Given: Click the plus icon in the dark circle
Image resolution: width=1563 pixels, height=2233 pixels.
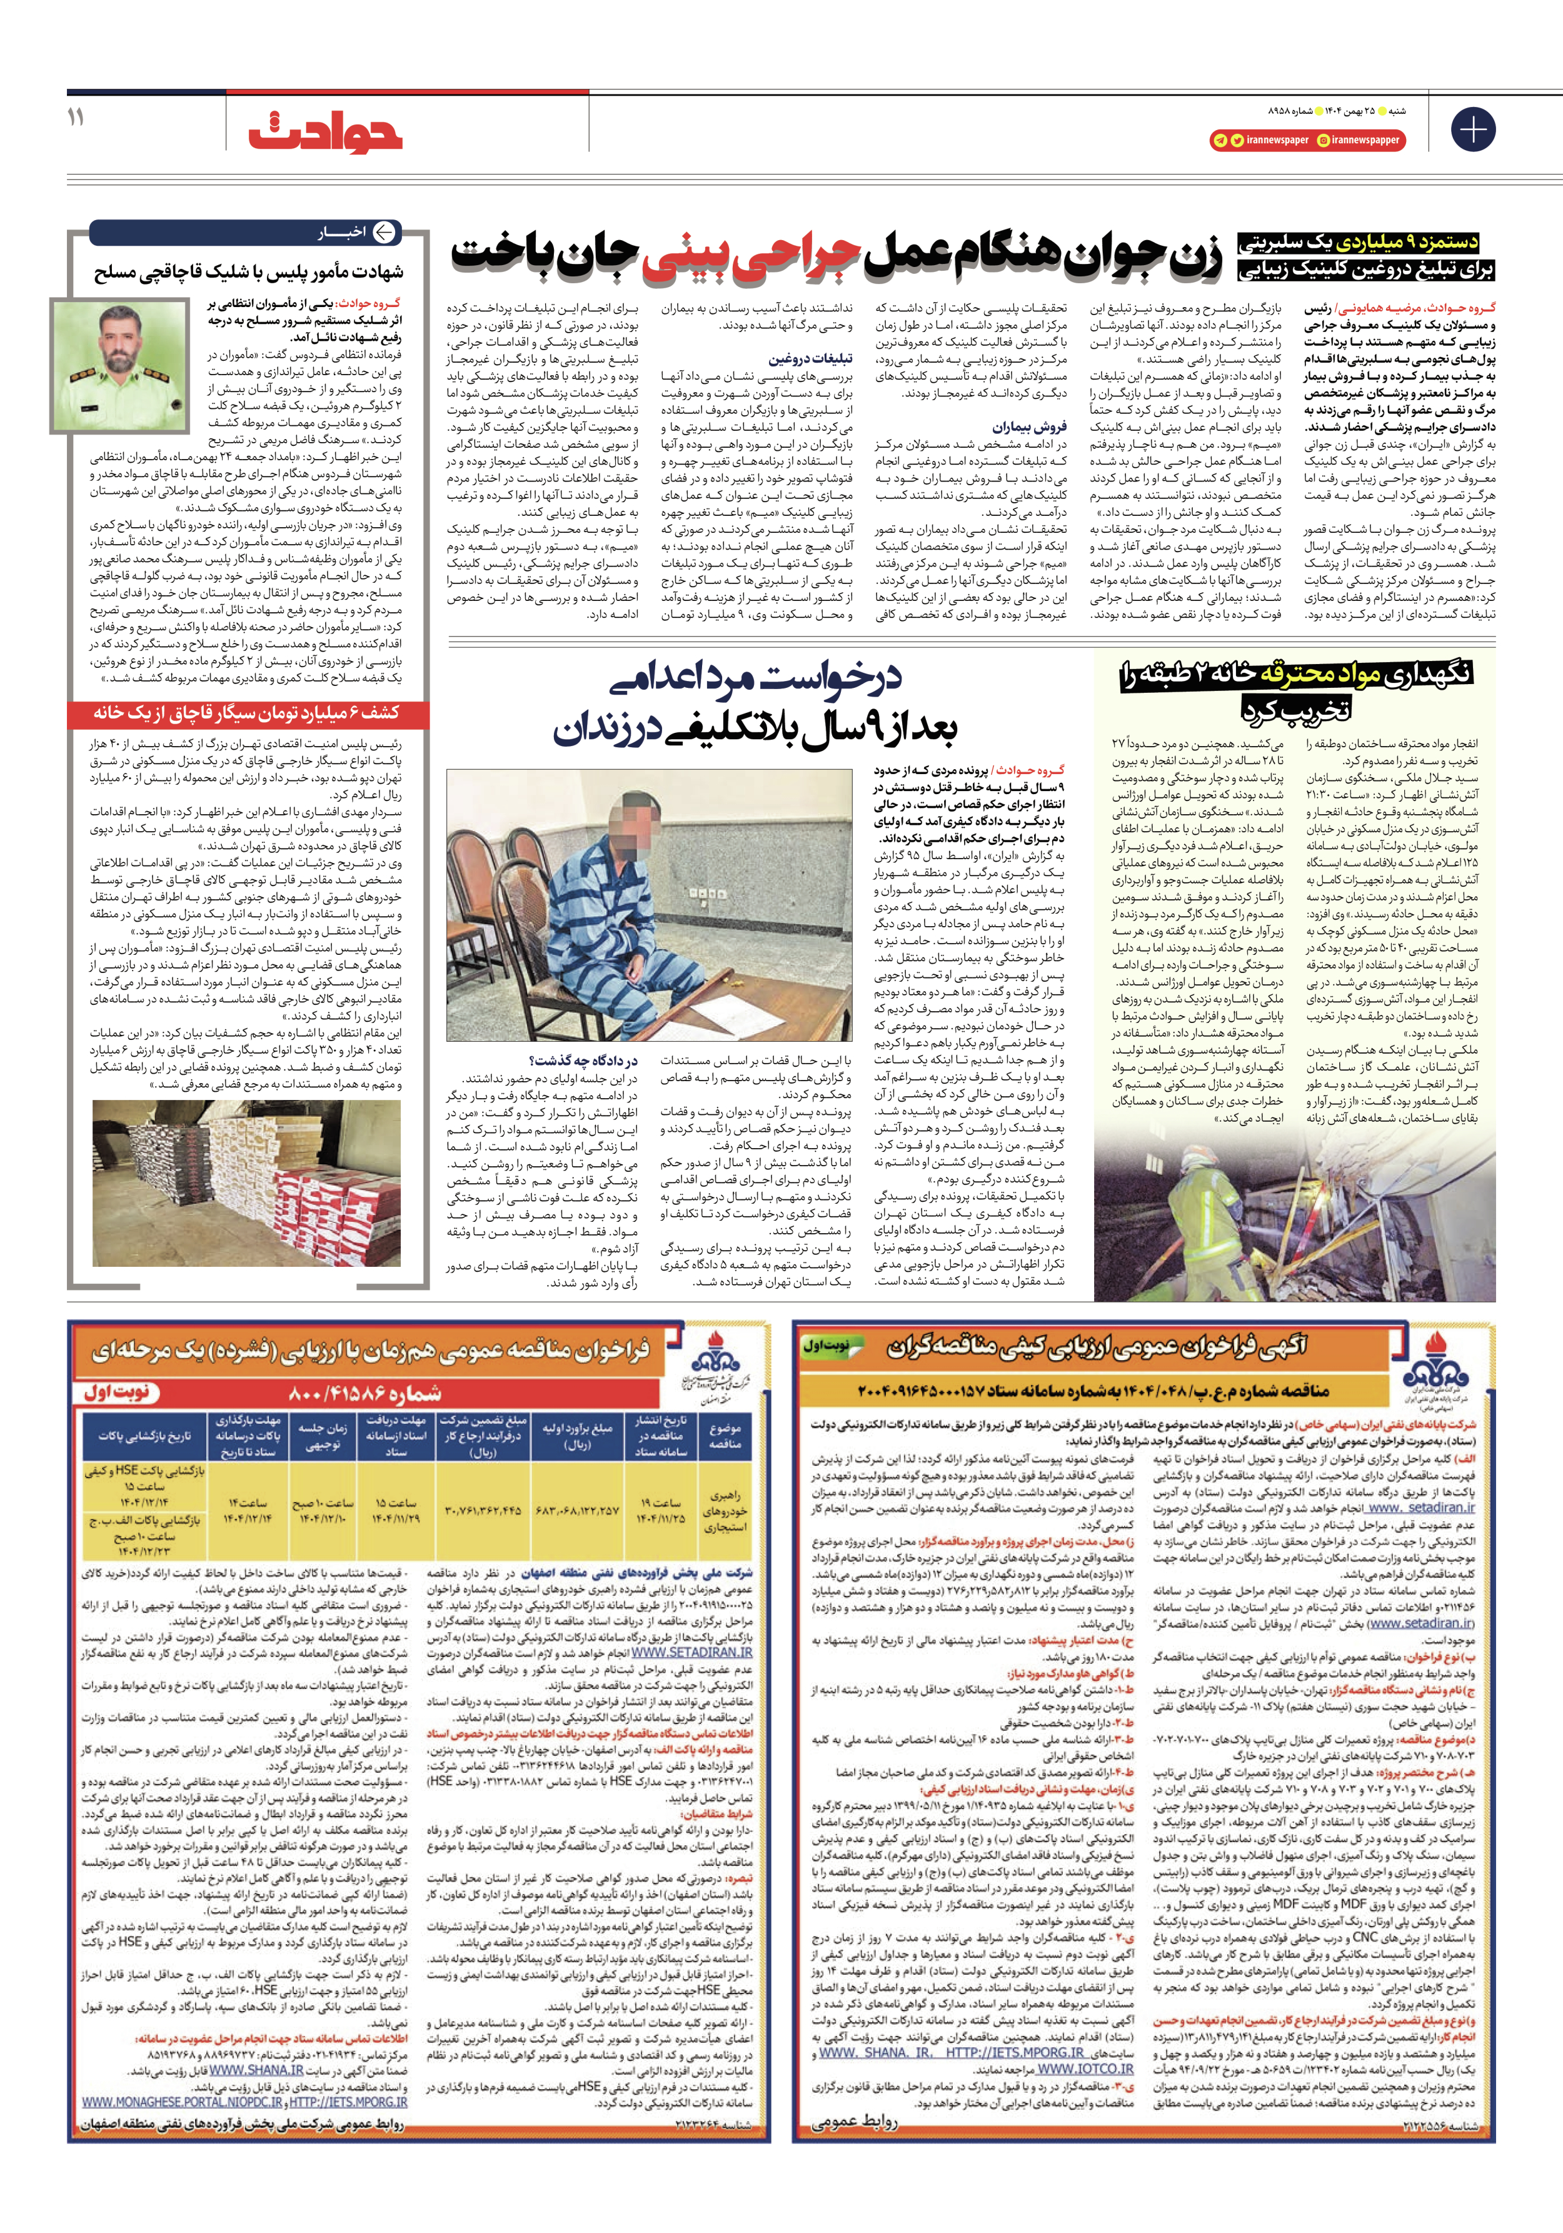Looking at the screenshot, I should (1472, 129).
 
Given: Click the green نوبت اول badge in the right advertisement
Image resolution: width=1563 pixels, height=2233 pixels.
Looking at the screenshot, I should (826, 1347).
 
